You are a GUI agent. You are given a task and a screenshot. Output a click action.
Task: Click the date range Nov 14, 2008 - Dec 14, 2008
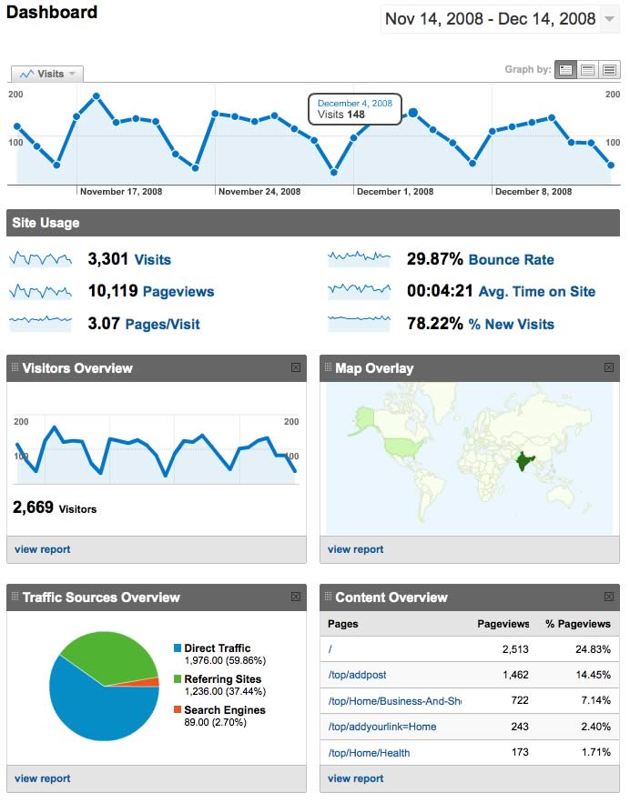tap(491, 19)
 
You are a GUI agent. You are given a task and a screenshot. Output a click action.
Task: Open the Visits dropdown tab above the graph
tap(47, 74)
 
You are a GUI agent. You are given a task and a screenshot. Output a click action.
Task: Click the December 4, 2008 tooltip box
tap(355, 109)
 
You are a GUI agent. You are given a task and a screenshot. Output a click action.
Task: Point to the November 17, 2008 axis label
tap(121, 192)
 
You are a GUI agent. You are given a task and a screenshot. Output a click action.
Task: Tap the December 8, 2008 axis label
tap(533, 192)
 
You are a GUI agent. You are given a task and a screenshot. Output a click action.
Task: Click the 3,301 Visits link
tap(152, 260)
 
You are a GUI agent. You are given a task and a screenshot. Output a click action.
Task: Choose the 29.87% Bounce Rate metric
tap(511, 260)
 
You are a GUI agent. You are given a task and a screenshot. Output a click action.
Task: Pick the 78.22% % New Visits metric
tap(511, 325)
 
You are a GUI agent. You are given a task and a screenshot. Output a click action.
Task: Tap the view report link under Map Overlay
tap(355, 549)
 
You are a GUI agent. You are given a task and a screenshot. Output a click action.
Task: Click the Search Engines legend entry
tap(224, 710)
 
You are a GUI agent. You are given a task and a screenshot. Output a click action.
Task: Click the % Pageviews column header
tap(577, 624)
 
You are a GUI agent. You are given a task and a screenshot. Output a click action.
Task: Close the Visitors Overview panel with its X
tap(296, 367)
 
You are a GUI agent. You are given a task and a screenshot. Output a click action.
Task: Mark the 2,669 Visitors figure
tap(55, 507)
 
